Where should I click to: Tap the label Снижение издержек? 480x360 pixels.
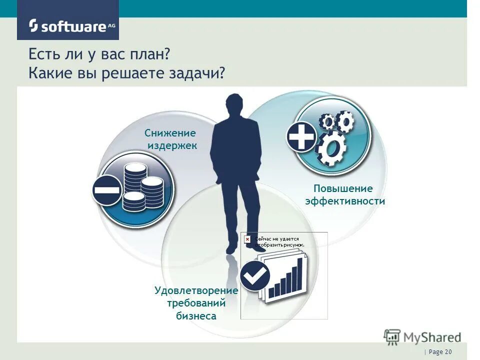tap(170, 139)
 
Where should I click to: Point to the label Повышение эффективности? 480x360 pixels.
tap(345, 195)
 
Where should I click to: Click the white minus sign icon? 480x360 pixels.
tap(106, 190)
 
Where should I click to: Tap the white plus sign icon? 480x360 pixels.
tap(301, 136)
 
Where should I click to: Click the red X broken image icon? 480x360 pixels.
tap(247, 239)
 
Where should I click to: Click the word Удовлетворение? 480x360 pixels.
tap(196, 290)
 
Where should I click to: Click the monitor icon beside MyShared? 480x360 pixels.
tap(392, 336)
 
